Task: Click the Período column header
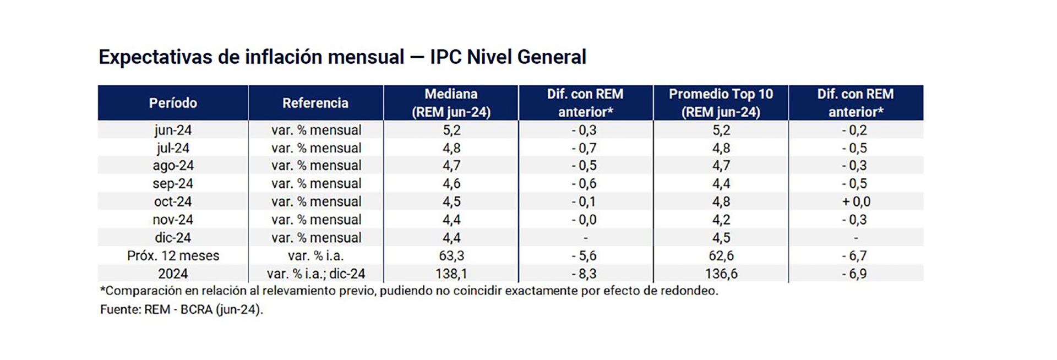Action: (173, 103)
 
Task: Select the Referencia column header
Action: (315, 103)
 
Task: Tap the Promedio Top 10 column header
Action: (721, 103)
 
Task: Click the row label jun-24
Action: (173, 130)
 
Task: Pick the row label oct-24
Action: (173, 201)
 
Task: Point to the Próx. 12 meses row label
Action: (173, 256)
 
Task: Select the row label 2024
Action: (173, 274)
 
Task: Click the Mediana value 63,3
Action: (451, 256)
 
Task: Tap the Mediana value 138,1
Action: (451, 274)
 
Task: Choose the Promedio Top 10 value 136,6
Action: (721, 274)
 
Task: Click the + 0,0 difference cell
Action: (856, 201)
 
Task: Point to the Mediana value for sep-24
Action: (451, 184)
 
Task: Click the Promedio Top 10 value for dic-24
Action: (721, 238)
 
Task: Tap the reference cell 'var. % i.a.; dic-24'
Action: (315, 274)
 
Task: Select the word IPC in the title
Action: (446, 57)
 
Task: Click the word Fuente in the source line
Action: (119, 309)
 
